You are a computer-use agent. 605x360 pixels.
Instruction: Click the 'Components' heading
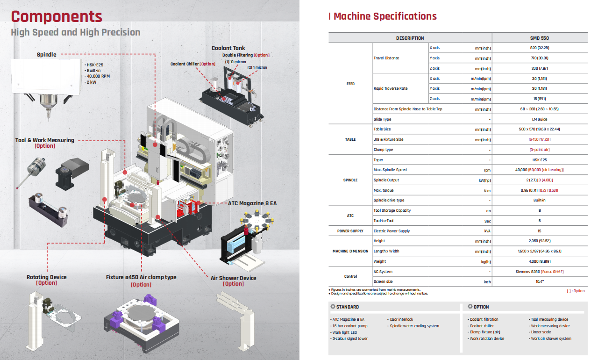[57, 16]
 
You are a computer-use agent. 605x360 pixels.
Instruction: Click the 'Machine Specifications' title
[385, 16]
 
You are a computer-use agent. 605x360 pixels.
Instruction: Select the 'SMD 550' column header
[539, 38]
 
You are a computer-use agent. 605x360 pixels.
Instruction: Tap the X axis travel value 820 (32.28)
[539, 48]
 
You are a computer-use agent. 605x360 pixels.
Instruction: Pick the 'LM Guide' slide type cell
[539, 119]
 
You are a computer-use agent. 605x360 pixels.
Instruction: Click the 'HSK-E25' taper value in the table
[539, 160]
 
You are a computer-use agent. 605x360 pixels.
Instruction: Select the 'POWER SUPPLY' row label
[350, 231]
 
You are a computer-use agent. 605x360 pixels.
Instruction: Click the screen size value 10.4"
[539, 282]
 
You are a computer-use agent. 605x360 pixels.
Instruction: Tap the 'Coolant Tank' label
[228, 48]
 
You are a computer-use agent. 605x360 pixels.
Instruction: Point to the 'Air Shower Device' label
[233, 278]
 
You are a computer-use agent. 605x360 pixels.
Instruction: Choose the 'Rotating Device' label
[47, 277]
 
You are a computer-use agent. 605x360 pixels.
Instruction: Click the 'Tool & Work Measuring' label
[44, 140]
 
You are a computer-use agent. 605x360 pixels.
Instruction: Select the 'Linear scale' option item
[541, 332]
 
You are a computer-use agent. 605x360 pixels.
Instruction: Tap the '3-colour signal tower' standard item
[349, 338]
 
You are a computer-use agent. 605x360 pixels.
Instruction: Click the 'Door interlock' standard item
[400, 320]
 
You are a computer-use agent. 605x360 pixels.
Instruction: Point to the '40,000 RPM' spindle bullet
[100, 76]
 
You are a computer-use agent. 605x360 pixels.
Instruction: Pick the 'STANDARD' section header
[348, 307]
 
